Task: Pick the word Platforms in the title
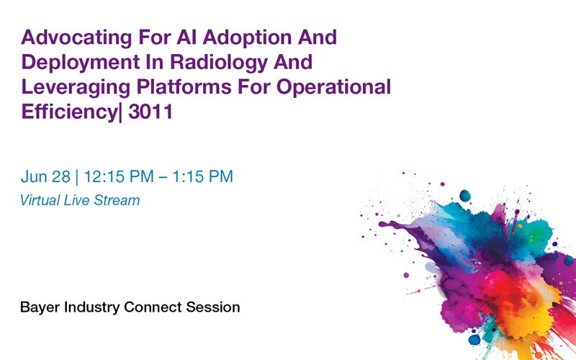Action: [x=176, y=87]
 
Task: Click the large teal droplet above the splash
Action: [x=464, y=195]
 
